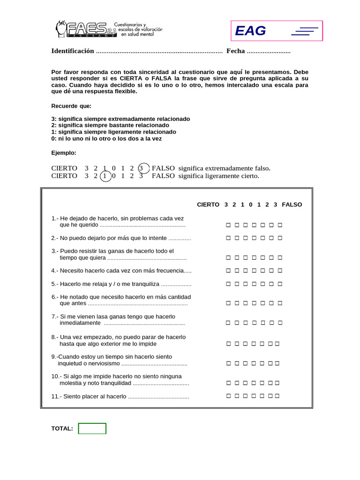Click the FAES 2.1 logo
click(x=87, y=30)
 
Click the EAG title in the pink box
click(x=250, y=31)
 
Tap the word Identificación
click(x=73, y=51)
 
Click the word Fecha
click(x=235, y=51)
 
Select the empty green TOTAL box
click(x=92, y=428)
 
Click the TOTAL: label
click(x=62, y=428)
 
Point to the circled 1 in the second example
click(x=106, y=176)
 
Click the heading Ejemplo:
click(x=63, y=153)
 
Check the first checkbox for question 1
click(x=228, y=225)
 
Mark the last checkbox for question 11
click(x=277, y=396)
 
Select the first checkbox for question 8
click(x=228, y=344)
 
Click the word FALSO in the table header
click(x=292, y=205)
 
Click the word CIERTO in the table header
click(x=208, y=205)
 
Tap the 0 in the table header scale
click(x=251, y=205)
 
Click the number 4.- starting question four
click(x=55, y=271)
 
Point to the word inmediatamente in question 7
click(x=80, y=323)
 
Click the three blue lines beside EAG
click(x=305, y=31)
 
